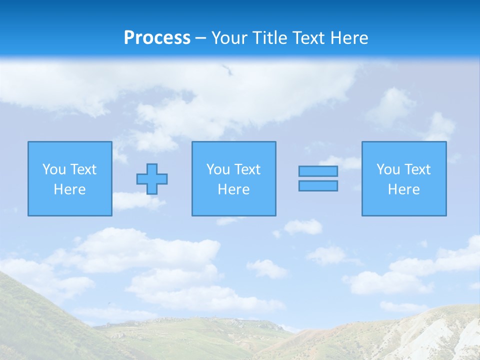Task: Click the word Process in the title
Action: click(x=157, y=38)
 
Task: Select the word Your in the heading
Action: click(x=230, y=38)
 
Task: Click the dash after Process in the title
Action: click(x=201, y=38)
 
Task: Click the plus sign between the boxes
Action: click(x=152, y=179)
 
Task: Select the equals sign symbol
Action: click(x=318, y=178)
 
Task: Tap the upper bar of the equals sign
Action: click(x=318, y=171)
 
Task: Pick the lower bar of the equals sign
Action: click(x=318, y=186)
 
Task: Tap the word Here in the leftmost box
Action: click(x=70, y=189)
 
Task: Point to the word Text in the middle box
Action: click(x=247, y=169)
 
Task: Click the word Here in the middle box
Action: click(x=234, y=189)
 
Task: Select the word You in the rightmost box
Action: click(x=388, y=169)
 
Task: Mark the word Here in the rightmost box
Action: click(x=404, y=189)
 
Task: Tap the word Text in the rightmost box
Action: click(x=417, y=169)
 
